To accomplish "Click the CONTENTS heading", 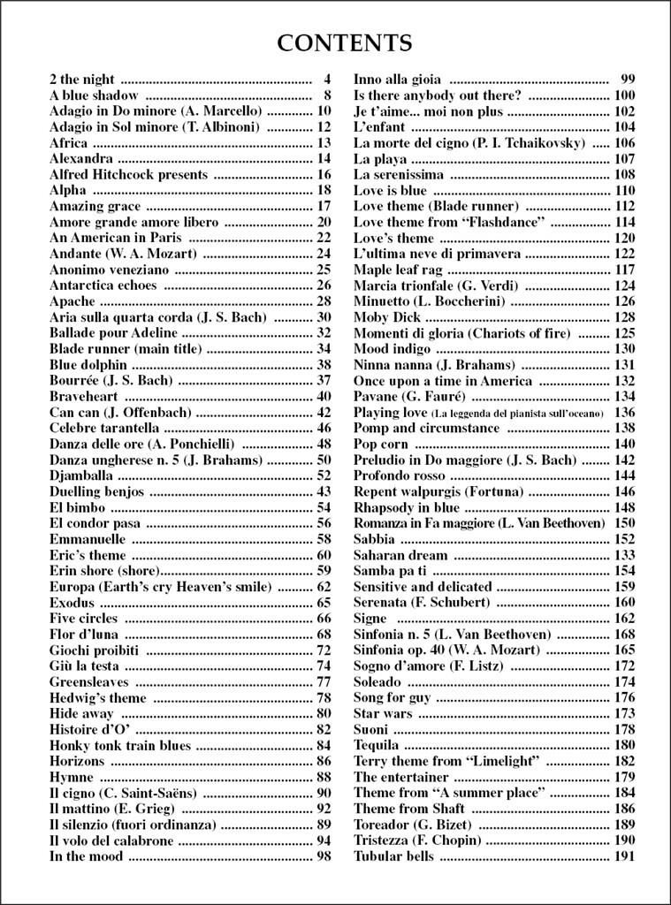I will tap(344, 42).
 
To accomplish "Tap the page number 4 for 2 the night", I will tap(327, 79).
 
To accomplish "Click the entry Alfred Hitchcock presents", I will tap(128, 174).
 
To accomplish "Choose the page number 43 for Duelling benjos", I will tap(324, 491).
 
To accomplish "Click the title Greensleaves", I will tap(88, 681).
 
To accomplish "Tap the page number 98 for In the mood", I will tap(324, 856).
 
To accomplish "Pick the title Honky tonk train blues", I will tap(119, 745).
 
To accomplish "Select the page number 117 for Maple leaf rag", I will tap(624, 270).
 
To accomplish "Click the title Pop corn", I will tap(381, 444).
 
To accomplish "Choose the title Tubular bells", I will tap(393, 856).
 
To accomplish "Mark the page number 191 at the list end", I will tap(624, 856).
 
